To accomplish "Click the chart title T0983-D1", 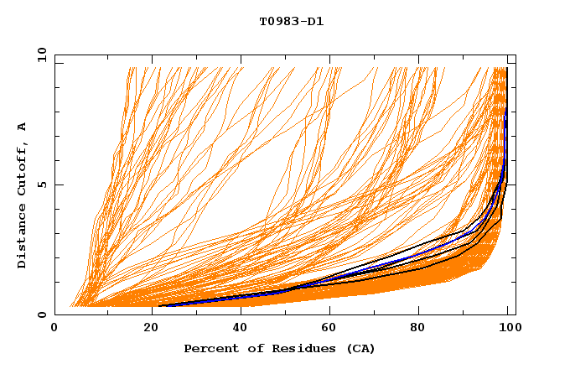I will pos(291,21).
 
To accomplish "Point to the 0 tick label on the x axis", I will pos(54,329).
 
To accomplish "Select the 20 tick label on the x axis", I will pos(146,329).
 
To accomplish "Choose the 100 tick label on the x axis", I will pos(510,329).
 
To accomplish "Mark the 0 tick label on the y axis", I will pos(42,314).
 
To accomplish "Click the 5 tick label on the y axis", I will pos(42,184).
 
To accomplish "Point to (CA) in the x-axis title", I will pos(358,349).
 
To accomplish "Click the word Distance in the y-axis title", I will pos(23,236).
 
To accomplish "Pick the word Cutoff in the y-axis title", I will pos(23,165).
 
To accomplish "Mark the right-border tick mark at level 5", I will pos(512,184).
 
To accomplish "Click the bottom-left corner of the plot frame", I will pos(55,314).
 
